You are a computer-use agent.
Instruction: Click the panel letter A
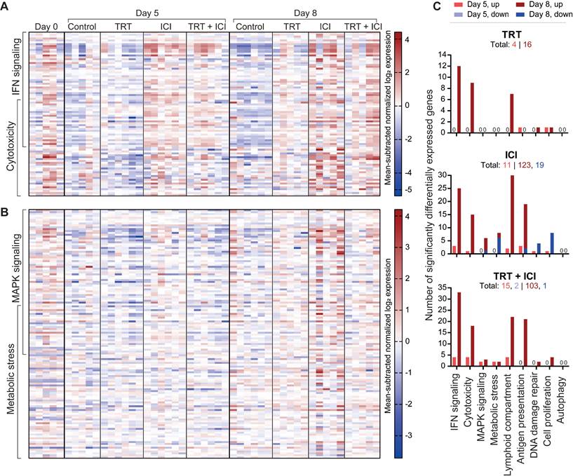(6, 6)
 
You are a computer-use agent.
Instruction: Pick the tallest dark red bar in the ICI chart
(513, 214)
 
